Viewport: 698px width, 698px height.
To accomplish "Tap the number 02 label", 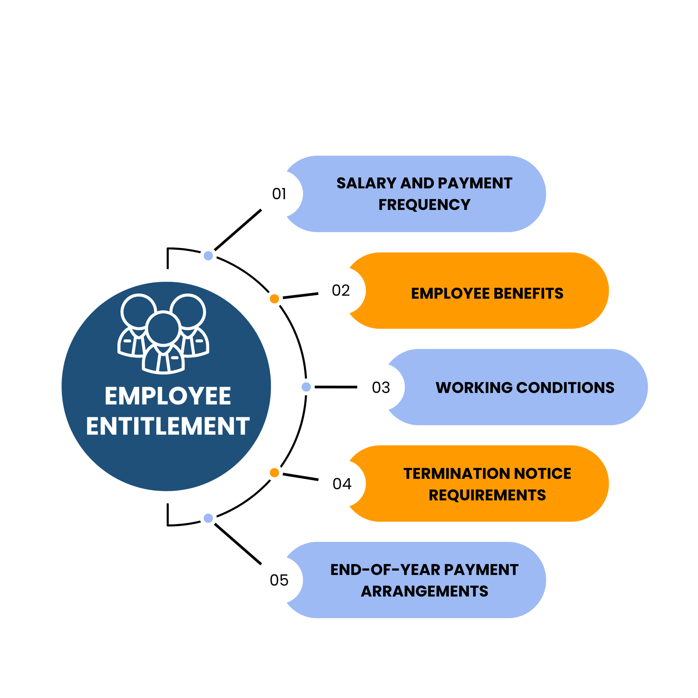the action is point(341,290).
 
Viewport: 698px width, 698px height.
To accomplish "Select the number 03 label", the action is point(381,387).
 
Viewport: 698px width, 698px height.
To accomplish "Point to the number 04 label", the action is point(342,484).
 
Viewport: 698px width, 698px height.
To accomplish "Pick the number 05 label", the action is point(279,580).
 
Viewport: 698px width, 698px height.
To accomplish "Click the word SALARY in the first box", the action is point(366,183).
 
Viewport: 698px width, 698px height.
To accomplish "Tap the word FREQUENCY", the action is point(425,205).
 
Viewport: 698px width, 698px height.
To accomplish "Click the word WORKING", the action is point(474,388).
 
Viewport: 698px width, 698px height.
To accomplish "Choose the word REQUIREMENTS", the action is point(487,495).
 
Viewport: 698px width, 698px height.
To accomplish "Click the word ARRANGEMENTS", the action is point(425,591).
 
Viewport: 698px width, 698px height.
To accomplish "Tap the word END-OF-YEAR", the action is point(385,570).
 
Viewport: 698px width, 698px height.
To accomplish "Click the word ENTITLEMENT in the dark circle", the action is point(168,426).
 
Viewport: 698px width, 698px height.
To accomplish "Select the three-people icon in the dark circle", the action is point(163,334).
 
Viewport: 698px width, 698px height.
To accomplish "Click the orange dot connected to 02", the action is point(274,299).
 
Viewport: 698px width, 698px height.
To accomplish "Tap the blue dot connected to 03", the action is point(306,387).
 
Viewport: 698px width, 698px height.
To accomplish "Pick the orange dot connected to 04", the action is point(274,473).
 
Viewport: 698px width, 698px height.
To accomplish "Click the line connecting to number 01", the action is point(238,230).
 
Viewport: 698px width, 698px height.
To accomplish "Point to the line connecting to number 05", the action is point(238,544).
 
